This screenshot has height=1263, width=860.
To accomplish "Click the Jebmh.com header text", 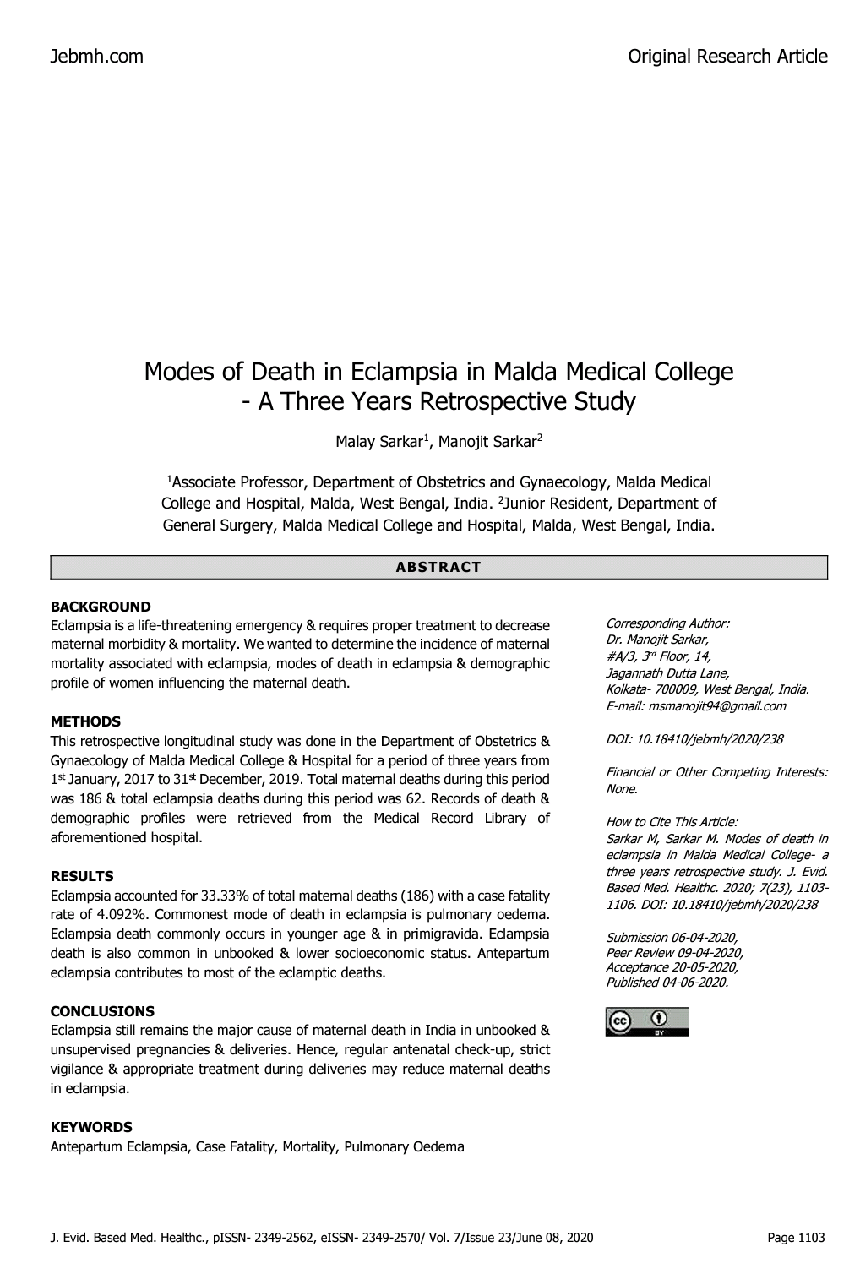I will (97, 57).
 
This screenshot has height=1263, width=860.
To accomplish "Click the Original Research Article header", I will (727, 57).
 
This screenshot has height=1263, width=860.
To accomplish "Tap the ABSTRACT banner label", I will (438, 567).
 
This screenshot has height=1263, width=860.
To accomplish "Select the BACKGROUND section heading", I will (101, 607).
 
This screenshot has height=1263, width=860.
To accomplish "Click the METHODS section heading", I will (85, 721).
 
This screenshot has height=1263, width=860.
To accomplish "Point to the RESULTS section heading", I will (82, 876).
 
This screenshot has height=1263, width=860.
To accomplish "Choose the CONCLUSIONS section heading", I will (102, 1011).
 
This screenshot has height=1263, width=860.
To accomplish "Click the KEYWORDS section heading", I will (91, 1127).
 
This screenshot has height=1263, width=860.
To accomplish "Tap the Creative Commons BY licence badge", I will (647, 1021).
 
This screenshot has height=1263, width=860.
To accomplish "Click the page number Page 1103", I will (795, 1238).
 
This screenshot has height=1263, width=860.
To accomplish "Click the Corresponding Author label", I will (667, 623).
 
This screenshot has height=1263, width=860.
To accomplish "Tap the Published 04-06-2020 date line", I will (667, 983).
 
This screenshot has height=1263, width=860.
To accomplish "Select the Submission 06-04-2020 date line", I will (672, 938).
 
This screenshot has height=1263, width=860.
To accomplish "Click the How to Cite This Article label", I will (672, 821).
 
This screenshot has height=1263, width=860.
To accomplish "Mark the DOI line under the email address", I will (694, 739).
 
